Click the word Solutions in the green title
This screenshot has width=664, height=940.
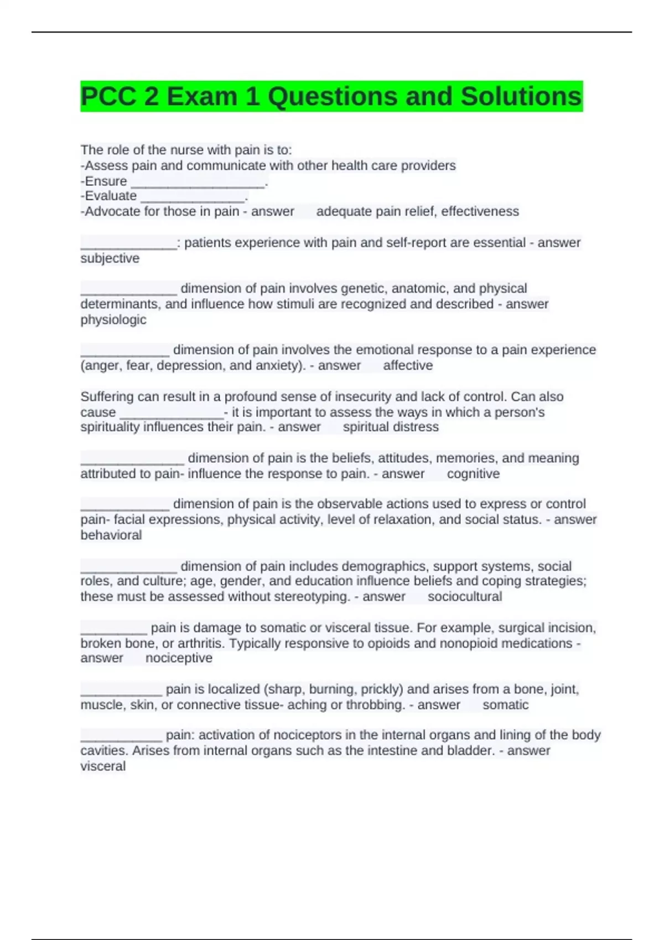pyautogui.click(x=521, y=97)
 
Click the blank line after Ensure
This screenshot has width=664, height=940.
pyautogui.click(x=198, y=182)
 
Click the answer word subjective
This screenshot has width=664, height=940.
pyautogui.click(x=110, y=258)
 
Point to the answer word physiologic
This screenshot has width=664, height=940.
pyautogui.click(x=113, y=320)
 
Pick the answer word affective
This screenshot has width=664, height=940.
pyautogui.click(x=408, y=365)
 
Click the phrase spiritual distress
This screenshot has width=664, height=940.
pyautogui.click(x=391, y=427)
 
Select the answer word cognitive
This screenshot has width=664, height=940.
pyautogui.click(x=473, y=474)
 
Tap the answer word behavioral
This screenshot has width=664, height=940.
pyautogui.click(x=111, y=535)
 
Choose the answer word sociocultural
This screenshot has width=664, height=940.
pyautogui.click(x=465, y=597)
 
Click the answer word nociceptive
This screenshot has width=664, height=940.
pyautogui.click(x=179, y=658)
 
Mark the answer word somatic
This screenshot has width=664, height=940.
pyautogui.click(x=505, y=705)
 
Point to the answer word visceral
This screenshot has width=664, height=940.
pyautogui.click(x=103, y=766)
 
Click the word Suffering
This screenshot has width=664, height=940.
pyautogui.click(x=107, y=396)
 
